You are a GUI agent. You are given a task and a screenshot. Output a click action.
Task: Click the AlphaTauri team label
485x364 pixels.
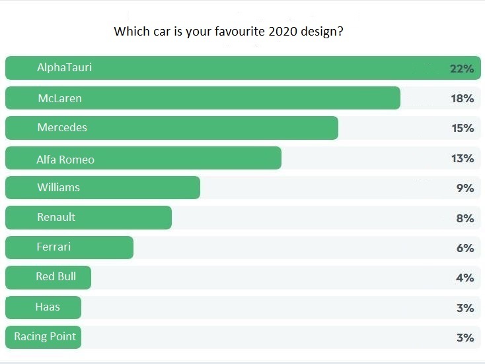pos(64,67)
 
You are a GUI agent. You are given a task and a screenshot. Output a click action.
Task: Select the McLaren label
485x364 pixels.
pos(59,98)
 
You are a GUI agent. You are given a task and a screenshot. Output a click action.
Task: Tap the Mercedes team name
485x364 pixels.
pos(62,127)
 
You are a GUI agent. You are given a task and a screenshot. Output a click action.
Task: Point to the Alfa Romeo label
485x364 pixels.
pos(65,159)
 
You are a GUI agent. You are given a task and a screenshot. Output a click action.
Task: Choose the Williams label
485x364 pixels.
pos(58,187)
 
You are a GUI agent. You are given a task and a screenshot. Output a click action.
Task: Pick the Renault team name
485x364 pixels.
pos(56,217)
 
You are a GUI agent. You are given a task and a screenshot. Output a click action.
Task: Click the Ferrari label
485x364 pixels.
pos(54,247)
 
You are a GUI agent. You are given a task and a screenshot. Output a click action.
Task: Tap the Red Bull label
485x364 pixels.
pos(56,276)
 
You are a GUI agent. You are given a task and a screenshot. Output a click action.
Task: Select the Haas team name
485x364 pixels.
pos(48,307)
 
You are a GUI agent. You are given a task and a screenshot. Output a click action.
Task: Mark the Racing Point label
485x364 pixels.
pos(45,336)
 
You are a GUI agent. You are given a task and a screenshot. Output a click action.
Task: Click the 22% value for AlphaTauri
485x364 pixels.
pos(463,69)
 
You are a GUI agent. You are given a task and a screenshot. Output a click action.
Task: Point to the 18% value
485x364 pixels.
pos(463,98)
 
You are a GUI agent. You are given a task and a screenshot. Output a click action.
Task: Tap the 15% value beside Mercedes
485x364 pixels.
pos(463,128)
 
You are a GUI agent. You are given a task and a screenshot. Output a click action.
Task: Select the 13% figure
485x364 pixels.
pos(463,158)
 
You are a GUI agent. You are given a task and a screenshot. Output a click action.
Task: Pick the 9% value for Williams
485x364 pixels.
pos(465,188)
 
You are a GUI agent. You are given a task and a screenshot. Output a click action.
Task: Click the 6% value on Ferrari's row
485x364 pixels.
pos(465,248)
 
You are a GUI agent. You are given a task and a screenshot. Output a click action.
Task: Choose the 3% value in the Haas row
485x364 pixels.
pos(465,308)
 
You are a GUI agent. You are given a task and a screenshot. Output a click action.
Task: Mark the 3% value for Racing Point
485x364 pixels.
pos(465,338)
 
